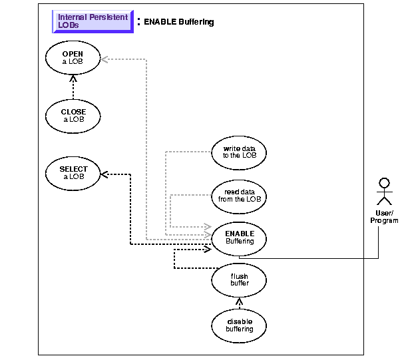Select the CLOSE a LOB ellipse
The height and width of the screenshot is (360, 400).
click(x=73, y=115)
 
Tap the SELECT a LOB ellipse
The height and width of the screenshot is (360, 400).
click(x=73, y=173)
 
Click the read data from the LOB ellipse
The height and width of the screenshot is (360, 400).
click(x=239, y=194)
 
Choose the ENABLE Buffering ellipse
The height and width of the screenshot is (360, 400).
click(x=239, y=238)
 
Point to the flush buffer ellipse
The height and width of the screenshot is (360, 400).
click(x=239, y=279)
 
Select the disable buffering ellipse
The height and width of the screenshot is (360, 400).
click(x=239, y=324)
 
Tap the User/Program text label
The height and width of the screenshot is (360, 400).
click(x=383, y=217)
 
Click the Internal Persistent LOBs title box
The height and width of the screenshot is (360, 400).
click(x=93, y=22)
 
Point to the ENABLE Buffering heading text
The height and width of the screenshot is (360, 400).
click(x=178, y=22)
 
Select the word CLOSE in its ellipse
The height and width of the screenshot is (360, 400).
click(x=73, y=111)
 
